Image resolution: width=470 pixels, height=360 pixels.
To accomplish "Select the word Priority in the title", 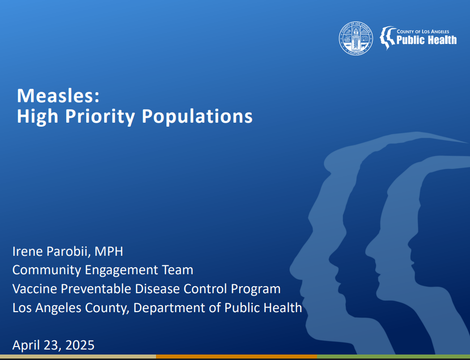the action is tap(100, 116).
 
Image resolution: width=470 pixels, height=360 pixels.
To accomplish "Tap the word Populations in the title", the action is tap(197, 116).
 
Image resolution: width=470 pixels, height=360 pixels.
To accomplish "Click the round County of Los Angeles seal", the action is tap(356, 38).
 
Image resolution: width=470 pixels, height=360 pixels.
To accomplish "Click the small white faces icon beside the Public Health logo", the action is tap(388, 38).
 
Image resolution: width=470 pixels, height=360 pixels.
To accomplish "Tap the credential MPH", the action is tap(109, 251).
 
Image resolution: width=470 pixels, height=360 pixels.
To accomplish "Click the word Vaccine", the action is tap(34, 289).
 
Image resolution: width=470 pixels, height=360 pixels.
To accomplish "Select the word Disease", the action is tap(157, 289).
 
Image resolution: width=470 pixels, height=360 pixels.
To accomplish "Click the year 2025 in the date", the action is tap(80, 345).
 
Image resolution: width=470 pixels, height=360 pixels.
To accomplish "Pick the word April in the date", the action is tap(26, 346).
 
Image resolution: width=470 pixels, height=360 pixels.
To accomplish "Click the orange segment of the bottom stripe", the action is tap(237, 357).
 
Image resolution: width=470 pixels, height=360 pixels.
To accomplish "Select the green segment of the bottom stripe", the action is tap(394, 357).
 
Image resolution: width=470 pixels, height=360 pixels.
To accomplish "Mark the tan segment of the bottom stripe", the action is tap(78, 357).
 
